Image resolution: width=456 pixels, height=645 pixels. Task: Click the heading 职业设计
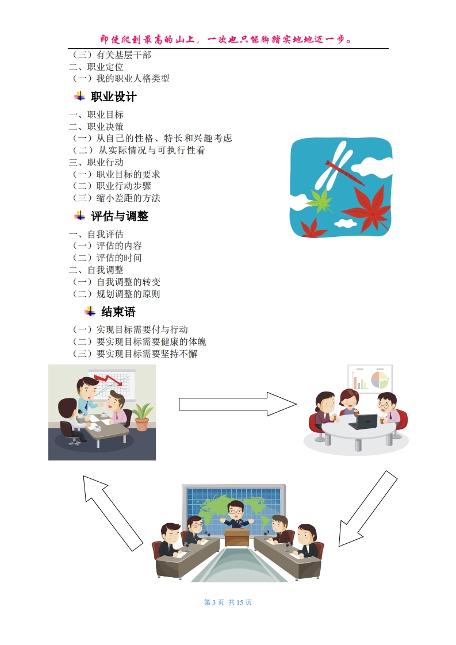click(113, 97)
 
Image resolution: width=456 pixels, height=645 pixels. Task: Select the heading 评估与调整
click(119, 216)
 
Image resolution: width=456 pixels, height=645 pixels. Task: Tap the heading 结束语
click(118, 312)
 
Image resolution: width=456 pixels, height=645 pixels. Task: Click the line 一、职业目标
click(96, 114)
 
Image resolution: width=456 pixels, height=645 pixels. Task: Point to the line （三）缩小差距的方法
click(115, 198)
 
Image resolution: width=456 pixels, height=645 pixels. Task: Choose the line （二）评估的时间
click(106, 258)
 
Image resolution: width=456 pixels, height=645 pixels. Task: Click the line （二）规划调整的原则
click(115, 294)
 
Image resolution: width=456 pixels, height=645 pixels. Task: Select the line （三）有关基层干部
click(110, 55)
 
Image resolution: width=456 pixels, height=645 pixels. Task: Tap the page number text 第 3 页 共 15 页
click(228, 602)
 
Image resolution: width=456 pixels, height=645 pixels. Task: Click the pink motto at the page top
click(228, 39)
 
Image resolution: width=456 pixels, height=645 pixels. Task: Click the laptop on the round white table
click(363, 423)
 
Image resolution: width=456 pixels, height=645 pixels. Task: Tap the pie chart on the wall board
click(380, 380)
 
